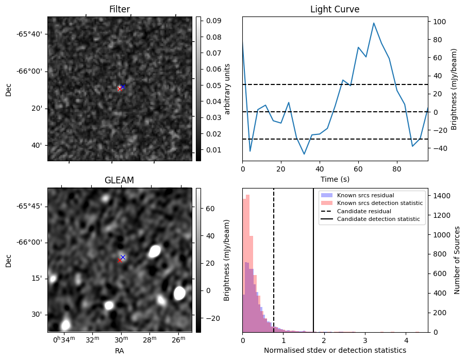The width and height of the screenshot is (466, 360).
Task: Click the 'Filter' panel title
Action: point(119,9)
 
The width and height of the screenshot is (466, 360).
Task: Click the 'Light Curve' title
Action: point(335,9)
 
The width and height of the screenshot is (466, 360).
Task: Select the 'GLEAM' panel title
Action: point(119,180)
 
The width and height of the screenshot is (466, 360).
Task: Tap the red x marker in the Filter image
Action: point(120,89)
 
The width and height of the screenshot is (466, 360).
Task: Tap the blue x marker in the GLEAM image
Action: point(123,257)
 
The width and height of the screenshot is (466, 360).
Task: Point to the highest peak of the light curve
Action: point(374,23)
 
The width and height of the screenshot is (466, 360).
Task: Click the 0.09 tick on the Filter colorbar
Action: point(213,21)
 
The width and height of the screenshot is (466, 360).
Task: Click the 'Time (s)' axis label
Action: point(335,178)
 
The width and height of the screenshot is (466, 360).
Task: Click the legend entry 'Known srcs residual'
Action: point(365,196)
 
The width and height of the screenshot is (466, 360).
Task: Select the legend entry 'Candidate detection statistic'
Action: point(378,219)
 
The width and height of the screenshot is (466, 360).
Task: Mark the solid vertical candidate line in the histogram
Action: point(313,268)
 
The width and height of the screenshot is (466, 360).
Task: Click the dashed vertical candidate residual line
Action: point(274,268)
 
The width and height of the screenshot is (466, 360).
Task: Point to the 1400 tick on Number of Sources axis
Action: point(441,196)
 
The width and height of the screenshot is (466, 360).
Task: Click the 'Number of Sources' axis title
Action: point(457,260)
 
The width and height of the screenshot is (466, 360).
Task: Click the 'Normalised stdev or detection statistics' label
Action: point(335,350)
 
